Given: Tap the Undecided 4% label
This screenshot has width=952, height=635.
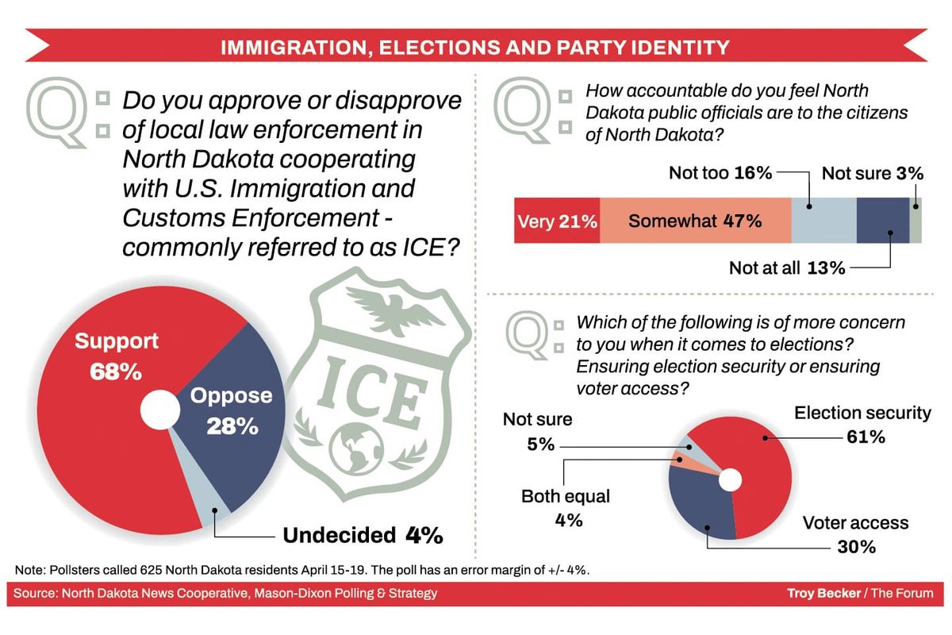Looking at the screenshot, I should click(362, 535).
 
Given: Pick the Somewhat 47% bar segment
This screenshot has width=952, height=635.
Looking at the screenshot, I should click(695, 221).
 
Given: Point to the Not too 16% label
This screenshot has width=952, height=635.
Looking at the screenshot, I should click(720, 172).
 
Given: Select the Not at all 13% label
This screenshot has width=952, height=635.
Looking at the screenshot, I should click(786, 267).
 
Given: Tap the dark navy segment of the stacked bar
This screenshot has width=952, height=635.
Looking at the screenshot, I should click(882, 221).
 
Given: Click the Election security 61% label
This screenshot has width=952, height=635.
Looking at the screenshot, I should click(862, 424).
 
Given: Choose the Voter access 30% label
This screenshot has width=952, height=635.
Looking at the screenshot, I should click(855, 534).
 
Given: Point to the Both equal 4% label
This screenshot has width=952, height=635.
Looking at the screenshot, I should click(565, 508).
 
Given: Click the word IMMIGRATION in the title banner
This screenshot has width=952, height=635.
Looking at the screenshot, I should click(297, 47).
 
